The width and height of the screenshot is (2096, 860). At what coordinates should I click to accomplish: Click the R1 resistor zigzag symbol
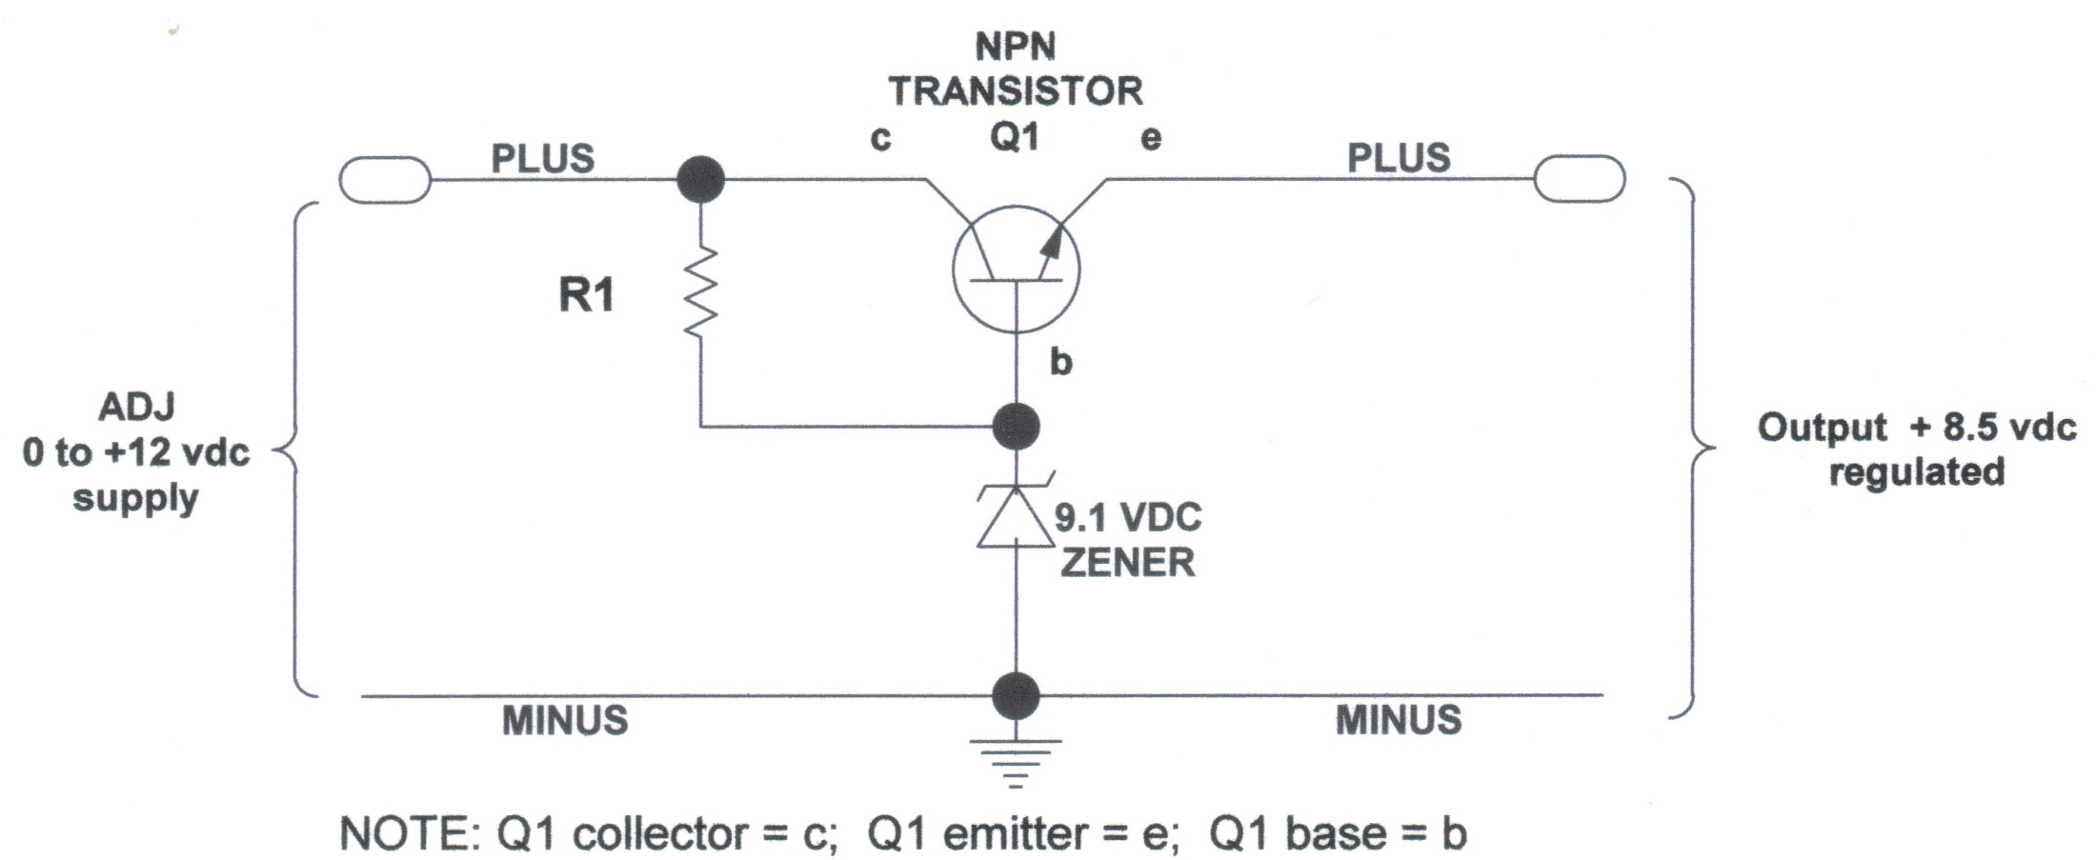click(700, 290)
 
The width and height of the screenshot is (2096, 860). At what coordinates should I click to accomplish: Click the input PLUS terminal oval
click(385, 179)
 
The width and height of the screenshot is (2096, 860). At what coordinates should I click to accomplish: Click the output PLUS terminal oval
click(1579, 178)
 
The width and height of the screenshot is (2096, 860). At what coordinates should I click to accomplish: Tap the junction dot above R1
click(700, 179)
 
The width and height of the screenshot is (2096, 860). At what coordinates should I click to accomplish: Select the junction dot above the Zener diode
click(1016, 426)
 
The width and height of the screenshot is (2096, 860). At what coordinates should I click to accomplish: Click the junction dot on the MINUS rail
click(1016, 695)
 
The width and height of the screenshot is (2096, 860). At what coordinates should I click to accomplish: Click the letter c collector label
click(880, 139)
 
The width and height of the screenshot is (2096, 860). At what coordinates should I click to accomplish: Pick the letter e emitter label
click(1151, 139)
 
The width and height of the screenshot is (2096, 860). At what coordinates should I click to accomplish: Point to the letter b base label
click(1060, 361)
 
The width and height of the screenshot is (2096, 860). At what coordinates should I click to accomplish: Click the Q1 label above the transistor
click(1014, 137)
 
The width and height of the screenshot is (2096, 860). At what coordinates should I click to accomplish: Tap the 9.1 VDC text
click(1128, 517)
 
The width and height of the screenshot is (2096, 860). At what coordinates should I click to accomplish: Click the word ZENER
click(1128, 563)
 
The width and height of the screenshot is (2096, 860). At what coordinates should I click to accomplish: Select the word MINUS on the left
click(565, 721)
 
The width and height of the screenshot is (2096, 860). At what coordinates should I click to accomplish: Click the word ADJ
click(137, 407)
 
